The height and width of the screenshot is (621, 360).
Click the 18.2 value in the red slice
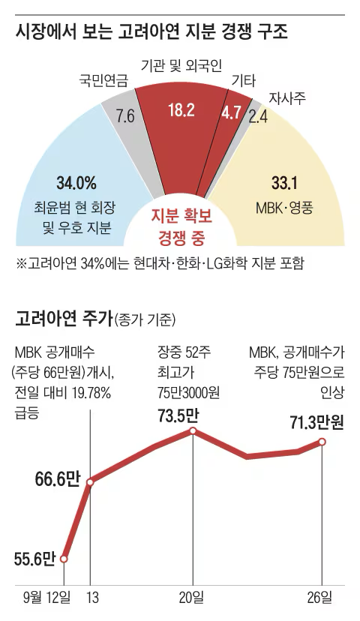[x=181, y=111]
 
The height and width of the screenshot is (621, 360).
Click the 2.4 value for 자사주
[x=259, y=116]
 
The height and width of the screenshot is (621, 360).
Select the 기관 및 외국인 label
[x=181, y=67]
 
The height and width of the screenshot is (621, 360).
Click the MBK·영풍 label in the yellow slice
[x=285, y=205]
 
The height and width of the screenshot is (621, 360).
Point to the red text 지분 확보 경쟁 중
[x=181, y=227]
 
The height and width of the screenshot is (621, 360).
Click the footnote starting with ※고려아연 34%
[x=160, y=263]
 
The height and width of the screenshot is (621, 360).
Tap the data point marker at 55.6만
[x=64, y=559]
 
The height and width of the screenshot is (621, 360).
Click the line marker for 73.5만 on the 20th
[x=193, y=430]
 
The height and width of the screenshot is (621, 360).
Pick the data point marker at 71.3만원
[x=322, y=442]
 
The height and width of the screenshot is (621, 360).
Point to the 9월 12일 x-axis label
[x=47, y=598]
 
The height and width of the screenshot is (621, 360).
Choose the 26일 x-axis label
[x=322, y=598]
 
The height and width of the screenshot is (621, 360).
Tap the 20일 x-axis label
[x=193, y=598]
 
